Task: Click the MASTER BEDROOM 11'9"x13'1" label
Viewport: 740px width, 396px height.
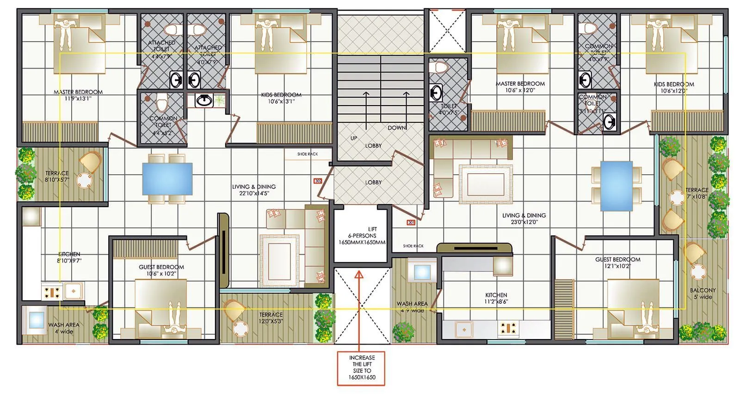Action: [x=78, y=95]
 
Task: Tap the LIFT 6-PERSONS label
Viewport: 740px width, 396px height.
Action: [x=362, y=236]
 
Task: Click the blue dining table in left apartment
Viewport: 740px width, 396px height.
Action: [x=167, y=179]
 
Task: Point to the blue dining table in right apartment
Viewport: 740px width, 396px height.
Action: [x=617, y=186]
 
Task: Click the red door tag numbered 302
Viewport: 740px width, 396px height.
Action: [x=317, y=181]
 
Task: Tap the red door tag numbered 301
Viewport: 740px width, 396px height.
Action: [x=411, y=223]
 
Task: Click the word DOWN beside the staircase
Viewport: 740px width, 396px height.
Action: [x=396, y=128]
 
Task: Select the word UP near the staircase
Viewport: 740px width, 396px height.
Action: [x=354, y=138]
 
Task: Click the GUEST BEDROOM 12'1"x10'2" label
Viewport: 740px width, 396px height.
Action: [x=617, y=263]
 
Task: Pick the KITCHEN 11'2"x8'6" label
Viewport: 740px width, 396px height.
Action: [x=496, y=298]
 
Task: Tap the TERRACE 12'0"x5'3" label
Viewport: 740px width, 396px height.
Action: [x=271, y=318]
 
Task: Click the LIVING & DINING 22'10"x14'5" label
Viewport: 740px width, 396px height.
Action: [x=254, y=190]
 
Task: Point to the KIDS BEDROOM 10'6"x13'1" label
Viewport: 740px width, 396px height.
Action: [x=281, y=98]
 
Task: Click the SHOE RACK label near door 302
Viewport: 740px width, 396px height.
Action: [x=308, y=154]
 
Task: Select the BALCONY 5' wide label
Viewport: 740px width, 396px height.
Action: [x=703, y=293]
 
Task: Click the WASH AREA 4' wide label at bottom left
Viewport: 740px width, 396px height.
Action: [x=63, y=328]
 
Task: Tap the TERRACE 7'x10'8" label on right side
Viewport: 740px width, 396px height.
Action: [x=697, y=193]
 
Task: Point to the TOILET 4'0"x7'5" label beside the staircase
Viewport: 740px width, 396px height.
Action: [x=449, y=109]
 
